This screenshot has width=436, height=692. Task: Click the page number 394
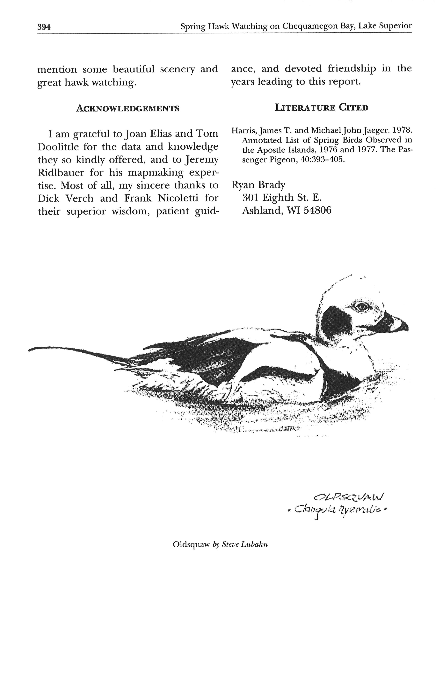[x=44, y=27]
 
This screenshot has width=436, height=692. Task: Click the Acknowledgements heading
[x=127, y=108]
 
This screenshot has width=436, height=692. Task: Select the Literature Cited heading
[x=322, y=108]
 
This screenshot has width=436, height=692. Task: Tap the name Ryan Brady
[x=258, y=185]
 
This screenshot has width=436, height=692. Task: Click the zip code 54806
[x=317, y=210]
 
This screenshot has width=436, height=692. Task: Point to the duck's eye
[x=361, y=307]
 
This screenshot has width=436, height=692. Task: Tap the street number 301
[x=251, y=198]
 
